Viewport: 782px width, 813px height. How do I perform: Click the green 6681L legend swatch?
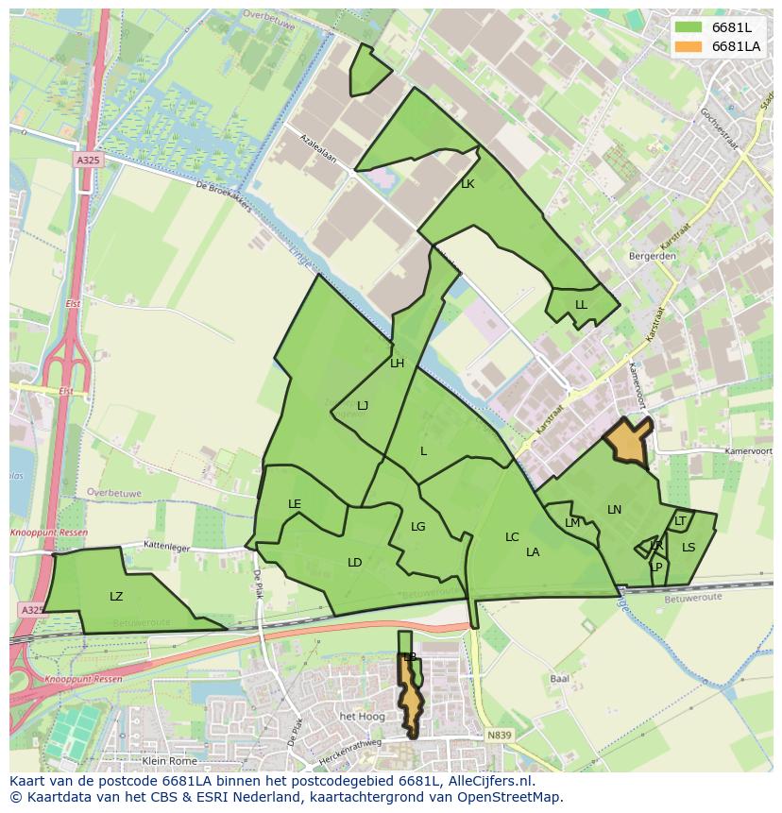click(x=688, y=27)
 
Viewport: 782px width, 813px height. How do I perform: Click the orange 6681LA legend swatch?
click(x=688, y=46)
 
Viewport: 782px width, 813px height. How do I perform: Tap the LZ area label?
click(x=116, y=597)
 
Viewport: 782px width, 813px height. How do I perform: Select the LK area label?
click(x=467, y=185)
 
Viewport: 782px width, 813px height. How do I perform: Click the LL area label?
click(x=581, y=305)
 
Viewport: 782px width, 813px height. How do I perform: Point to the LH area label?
click(x=397, y=364)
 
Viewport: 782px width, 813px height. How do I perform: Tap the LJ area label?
click(x=363, y=406)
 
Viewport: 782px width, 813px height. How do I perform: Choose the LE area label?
click(x=295, y=504)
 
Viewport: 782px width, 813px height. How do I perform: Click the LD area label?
click(x=354, y=563)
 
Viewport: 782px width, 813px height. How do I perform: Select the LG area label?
click(x=418, y=527)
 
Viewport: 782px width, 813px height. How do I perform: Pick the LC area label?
click(x=512, y=537)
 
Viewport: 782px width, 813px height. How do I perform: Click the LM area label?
click(x=572, y=523)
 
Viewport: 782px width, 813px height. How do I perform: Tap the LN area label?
click(x=614, y=510)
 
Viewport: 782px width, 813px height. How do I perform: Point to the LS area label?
click(x=688, y=548)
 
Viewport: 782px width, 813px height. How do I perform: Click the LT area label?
click(x=680, y=521)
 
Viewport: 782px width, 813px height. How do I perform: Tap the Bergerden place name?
click(x=652, y=256)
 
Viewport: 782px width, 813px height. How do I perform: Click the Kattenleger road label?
click(x=167, y=546)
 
